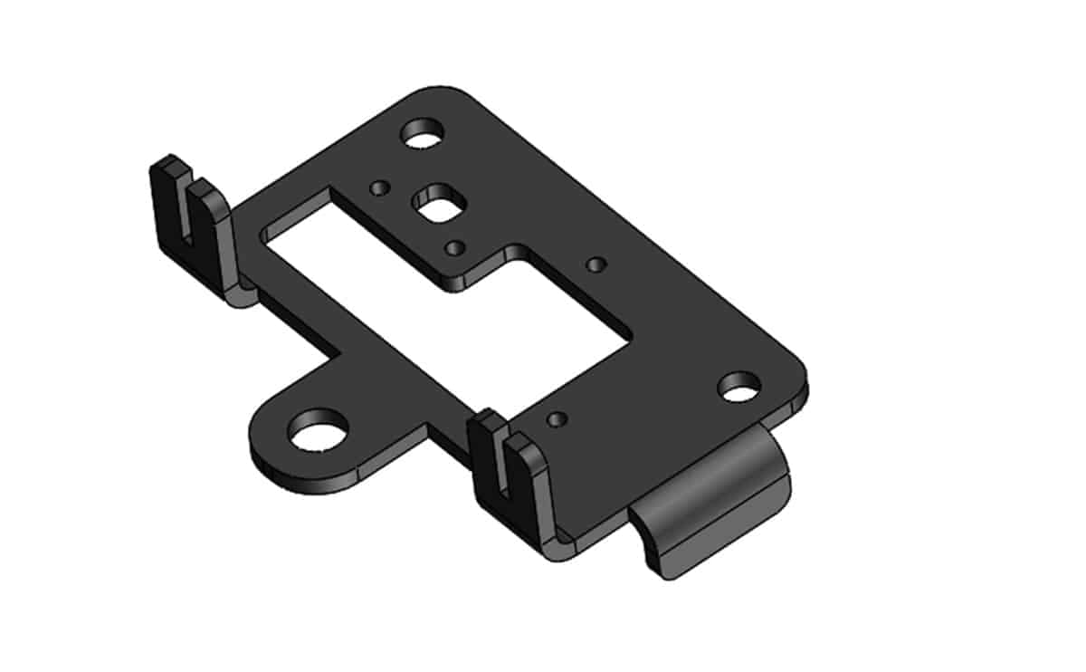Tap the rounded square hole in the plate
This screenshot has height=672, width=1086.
(437, 204)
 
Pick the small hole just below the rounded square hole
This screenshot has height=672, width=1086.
(456, 246)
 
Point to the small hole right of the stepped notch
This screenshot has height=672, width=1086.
(595, 264)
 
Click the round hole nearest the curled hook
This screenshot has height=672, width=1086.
(740, 387)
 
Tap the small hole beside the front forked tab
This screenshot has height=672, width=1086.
(558, 418)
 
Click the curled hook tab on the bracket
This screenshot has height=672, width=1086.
(715, 507)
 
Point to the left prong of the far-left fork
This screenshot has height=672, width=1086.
(165, 204)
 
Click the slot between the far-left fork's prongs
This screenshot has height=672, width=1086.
(188, 222)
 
